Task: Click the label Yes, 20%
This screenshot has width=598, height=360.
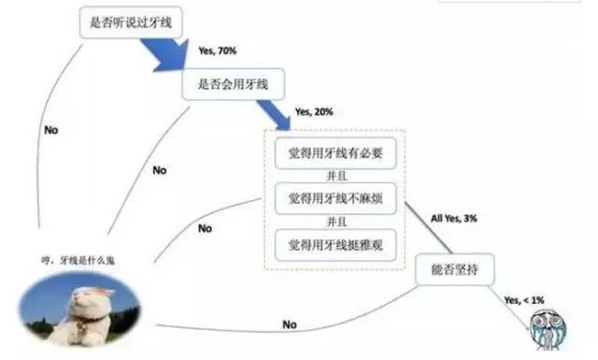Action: click(314, 110)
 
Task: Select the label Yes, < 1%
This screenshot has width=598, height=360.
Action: click(526, 299)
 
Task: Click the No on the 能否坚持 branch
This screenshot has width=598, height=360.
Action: click(290, 324)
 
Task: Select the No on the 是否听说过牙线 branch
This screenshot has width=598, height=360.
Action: click(51, 130)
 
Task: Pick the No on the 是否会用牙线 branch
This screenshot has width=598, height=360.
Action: click(159, 171)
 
